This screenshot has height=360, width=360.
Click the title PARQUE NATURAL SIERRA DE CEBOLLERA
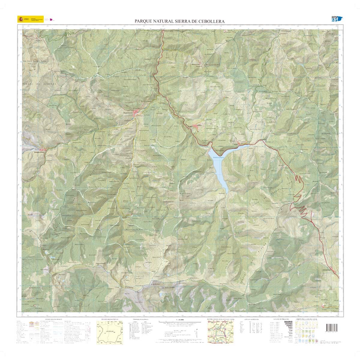[180, 21]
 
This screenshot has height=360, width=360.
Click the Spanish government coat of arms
[21, 19]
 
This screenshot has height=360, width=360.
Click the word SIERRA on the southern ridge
[131, 287]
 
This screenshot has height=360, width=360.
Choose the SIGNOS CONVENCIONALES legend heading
[53, 319]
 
